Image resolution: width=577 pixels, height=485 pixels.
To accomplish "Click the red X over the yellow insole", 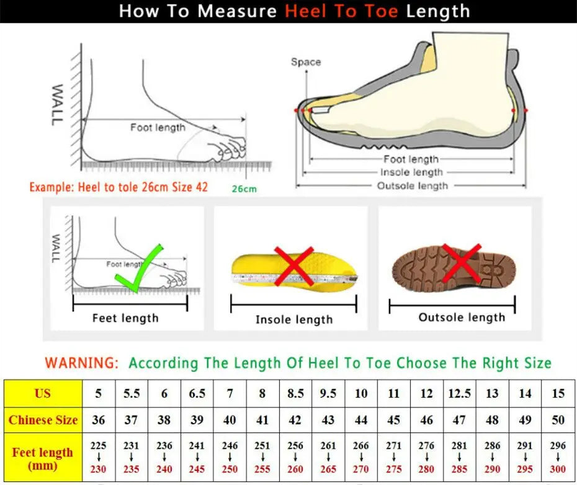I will tap(293, 265).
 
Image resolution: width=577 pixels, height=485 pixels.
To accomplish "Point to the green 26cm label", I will tap(244, 189).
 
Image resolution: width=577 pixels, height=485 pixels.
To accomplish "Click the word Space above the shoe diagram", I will tap(306, 62).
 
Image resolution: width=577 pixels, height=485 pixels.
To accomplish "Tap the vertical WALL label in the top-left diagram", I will tap(56, 105).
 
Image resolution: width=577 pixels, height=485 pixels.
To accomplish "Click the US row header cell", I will tap(43, 394).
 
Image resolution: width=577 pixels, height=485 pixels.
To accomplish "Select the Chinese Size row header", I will tap(43, 420).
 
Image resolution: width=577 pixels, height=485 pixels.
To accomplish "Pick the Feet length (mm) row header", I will tap(43, 458).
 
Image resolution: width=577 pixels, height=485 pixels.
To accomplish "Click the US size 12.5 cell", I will tap(459, 394).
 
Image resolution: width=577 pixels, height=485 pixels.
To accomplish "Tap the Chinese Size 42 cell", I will tap(295, 420).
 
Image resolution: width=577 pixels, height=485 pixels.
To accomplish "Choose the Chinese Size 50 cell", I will tap(558, 420).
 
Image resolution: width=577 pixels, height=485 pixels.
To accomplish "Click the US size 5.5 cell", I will tap(131, 394).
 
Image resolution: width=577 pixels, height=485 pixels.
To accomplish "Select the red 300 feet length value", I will tap(558, 469).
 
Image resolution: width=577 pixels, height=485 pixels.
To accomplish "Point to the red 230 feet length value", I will tap(98, 469).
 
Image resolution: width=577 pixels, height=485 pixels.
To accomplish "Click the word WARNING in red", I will tap(81, 363).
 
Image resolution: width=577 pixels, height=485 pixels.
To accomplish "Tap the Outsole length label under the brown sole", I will tap(462, 318).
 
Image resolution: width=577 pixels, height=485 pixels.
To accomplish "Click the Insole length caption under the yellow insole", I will tap(294, 319).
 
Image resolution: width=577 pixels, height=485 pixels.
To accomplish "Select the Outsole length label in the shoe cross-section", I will tap(412, 185).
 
